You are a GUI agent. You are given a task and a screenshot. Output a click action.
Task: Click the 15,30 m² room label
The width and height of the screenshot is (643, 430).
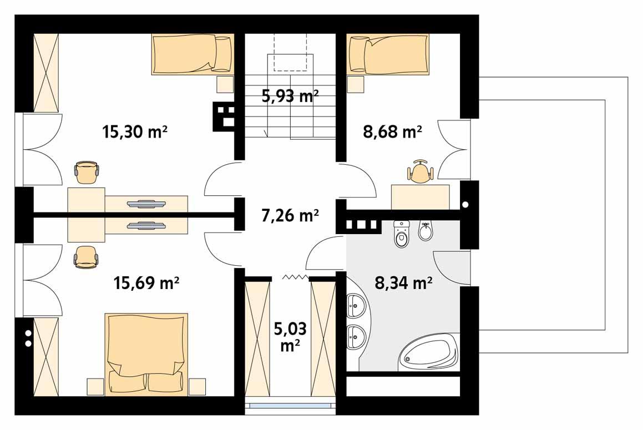point(135,132)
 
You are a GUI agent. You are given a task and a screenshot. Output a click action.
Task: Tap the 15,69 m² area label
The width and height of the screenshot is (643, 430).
point(146,284)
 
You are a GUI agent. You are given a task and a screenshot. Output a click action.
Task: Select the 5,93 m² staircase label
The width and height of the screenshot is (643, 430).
point(290,96)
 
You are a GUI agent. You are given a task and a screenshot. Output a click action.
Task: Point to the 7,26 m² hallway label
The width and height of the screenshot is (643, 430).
point(290,215)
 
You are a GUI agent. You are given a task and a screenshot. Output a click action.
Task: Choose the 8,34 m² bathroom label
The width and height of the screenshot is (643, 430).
point(404,284)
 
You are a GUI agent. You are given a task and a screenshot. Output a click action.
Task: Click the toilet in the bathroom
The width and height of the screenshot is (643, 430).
point(401,234)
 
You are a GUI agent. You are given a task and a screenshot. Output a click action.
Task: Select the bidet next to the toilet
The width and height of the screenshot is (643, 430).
point(426,231)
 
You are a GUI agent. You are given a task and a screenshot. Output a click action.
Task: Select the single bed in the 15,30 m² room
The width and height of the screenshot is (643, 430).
point(192,54)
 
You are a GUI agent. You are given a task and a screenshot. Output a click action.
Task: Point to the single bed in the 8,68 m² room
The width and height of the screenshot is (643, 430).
point(388,53)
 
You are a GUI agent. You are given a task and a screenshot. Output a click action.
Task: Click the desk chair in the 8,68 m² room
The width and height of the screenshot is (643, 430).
point(420,172)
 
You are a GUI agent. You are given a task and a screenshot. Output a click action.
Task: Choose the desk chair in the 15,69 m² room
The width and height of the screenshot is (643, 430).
point(87,257)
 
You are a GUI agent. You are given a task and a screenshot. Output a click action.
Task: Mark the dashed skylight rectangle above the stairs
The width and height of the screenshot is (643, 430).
point(290,52)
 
